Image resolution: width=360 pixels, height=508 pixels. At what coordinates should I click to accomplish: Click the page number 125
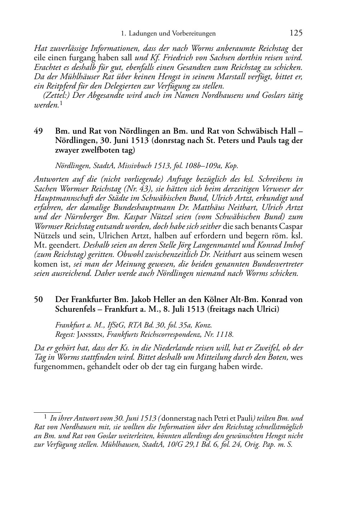pyautogui.click(x=296, y=33)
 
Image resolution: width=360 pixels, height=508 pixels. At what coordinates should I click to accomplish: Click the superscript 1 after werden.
pyautogui.click(x=61, y=104)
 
